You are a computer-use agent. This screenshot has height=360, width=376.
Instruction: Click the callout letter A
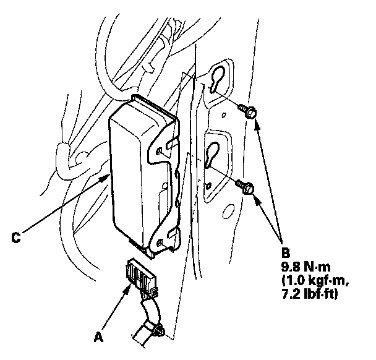coord(98,337)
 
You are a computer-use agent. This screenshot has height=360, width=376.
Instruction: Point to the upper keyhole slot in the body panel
coord(217,79)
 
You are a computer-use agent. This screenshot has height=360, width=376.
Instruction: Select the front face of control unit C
coord(127,179)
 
